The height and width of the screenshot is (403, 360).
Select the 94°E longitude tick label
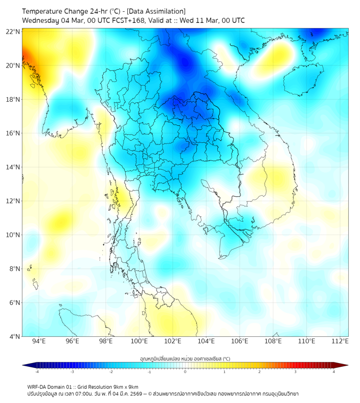click(x=38, y=341)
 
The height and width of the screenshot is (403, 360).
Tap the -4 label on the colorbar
click(x=36, y=372)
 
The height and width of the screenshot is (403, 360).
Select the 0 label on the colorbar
click(x=185, y=372)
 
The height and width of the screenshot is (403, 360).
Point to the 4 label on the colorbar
click(x=334, y=372)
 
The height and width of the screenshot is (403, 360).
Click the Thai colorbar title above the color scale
click(x=185, y=359)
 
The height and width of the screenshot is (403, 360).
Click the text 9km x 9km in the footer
click(x=124, y=387)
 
